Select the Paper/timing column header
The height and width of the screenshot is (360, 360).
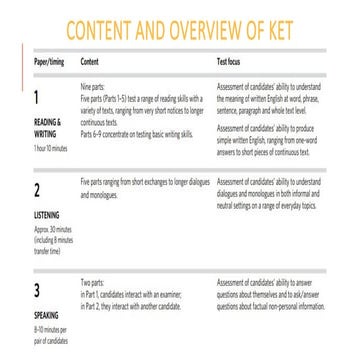pyautogui.click(x=50, y=59)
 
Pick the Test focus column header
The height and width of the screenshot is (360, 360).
pyautogui.click(x=233, y=59)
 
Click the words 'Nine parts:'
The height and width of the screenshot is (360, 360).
pyautogui.click(x=93, y=86)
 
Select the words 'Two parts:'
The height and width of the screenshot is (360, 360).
pyautogui.click(x=93, y=283)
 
